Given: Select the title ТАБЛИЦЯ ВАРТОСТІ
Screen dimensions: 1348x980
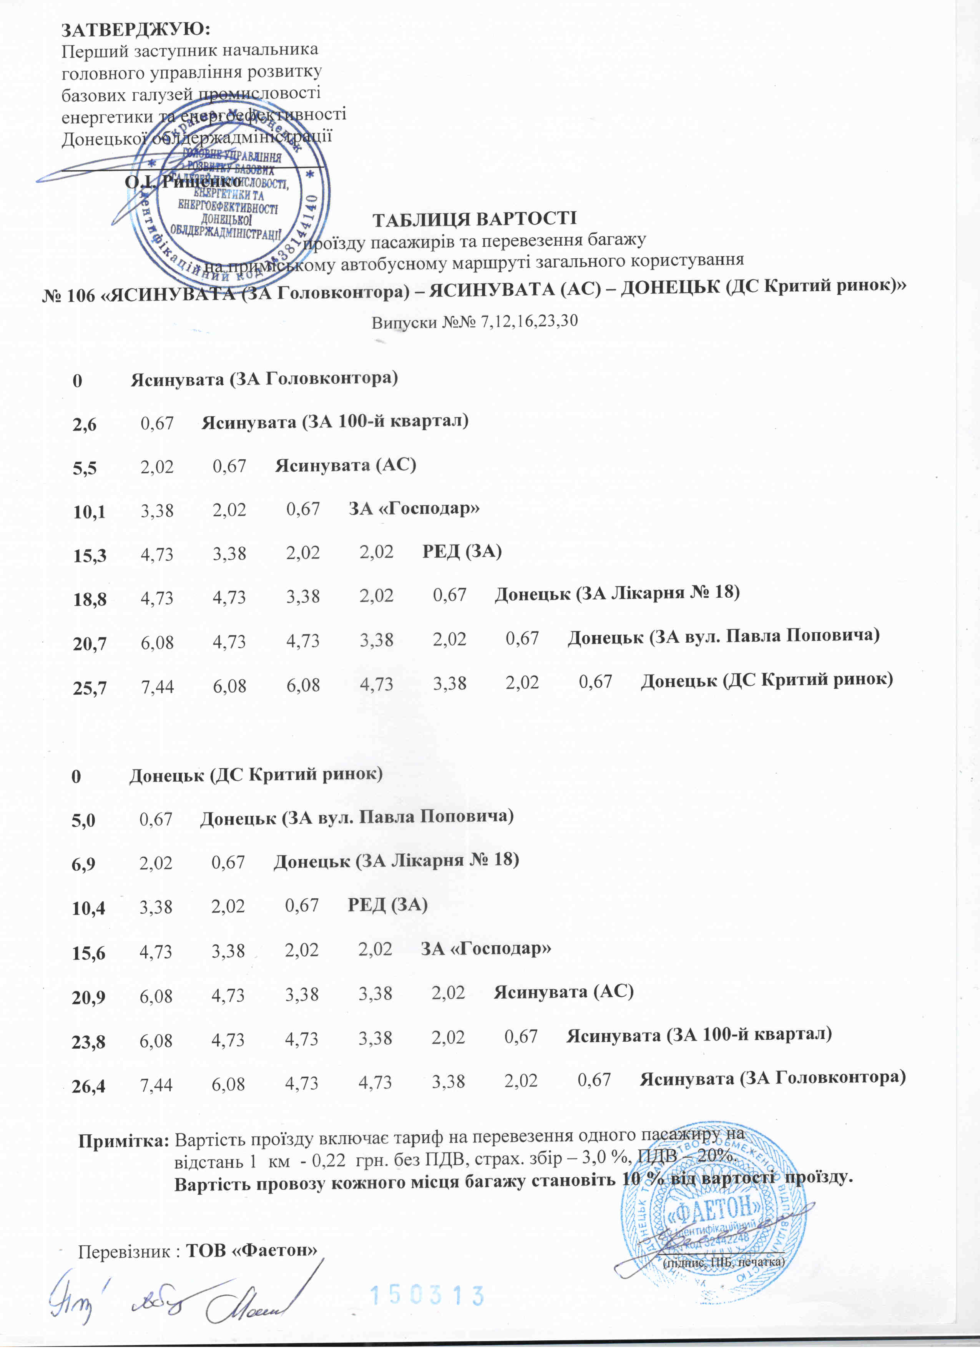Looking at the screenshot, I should [474, 218].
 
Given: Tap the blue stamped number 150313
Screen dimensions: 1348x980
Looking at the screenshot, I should [427, 1296].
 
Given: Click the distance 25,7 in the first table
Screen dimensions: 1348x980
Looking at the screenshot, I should [90, 688].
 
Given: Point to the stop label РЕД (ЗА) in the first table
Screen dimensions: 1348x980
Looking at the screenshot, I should [462, 552].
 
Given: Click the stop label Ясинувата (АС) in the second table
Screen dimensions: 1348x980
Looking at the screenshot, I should [563, 991].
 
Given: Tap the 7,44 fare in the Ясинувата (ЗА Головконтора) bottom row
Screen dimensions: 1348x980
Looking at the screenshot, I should [156, 1085].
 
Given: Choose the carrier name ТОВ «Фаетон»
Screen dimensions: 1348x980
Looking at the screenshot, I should [251, 1250].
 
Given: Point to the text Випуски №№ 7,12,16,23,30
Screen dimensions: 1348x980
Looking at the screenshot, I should [474, 322].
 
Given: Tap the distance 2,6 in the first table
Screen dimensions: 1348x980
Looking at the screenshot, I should [85, 424].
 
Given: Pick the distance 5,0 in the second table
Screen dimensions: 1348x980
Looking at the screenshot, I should [83, 821].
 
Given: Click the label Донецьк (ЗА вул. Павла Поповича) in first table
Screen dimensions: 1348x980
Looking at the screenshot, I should [723, 637].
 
